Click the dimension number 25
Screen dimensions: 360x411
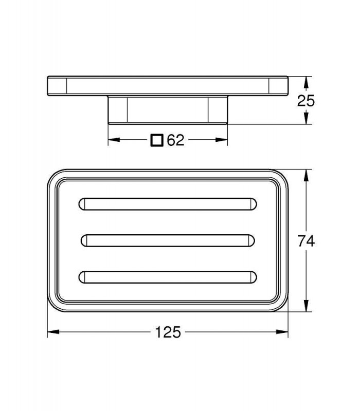(305, 101)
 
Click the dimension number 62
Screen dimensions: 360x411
(175, 140)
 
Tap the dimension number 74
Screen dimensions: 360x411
(305, 240)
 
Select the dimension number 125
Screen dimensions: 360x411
(168, 332)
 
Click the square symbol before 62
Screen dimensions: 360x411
(157, 140)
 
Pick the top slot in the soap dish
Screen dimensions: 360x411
(168, 204)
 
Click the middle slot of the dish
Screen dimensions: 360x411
(168, 240)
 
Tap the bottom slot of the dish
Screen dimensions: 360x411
(168, 277)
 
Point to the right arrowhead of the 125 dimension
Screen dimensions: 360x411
(282, 332)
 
